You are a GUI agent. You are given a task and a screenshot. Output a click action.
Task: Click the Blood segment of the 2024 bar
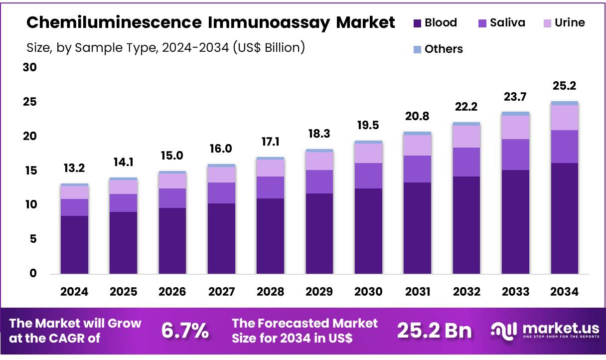74,244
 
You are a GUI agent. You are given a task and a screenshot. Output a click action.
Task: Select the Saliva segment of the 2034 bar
564,147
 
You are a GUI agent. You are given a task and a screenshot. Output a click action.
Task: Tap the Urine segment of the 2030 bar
368,153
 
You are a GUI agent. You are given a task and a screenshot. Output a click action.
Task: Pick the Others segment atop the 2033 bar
515,114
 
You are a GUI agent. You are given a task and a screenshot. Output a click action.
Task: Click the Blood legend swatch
417,23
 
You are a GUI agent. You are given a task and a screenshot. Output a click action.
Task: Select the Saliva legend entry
501,22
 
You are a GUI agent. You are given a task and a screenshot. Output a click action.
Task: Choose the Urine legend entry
563,22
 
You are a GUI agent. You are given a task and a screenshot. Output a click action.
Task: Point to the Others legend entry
438,49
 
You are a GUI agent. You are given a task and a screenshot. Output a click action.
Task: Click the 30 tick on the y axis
30,67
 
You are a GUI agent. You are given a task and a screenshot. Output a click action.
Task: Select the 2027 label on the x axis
221,292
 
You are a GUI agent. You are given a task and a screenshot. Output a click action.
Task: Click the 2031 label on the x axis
417,292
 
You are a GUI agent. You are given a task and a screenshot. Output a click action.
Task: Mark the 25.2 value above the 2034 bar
564,86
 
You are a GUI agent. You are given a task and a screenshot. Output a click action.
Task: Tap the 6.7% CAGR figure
185,330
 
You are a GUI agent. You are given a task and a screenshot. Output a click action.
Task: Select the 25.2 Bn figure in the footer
434,330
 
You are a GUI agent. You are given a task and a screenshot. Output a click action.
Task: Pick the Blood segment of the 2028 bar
270,236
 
